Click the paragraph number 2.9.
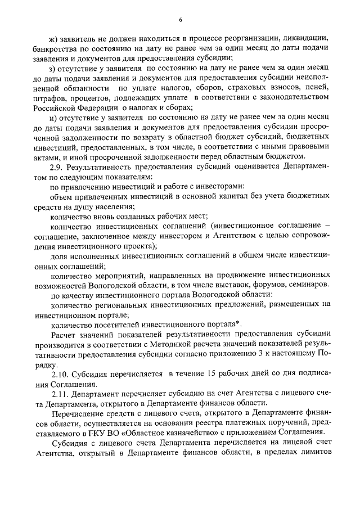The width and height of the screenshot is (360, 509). click(58, 167)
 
